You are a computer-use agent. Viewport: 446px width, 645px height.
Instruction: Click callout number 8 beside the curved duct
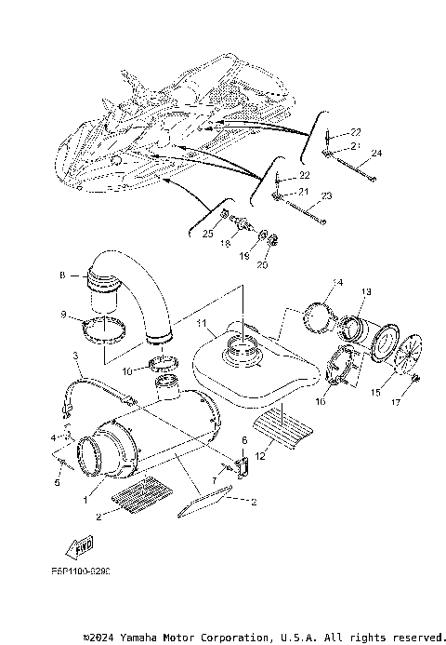point(62,275)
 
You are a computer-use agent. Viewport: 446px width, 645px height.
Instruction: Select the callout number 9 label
point(63,315)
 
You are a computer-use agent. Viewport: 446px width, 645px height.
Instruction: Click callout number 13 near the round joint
point(366,292)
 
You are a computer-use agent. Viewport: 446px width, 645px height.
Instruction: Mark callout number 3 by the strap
point(74,356)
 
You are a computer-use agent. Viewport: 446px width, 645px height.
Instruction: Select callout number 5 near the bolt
point(58,483)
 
